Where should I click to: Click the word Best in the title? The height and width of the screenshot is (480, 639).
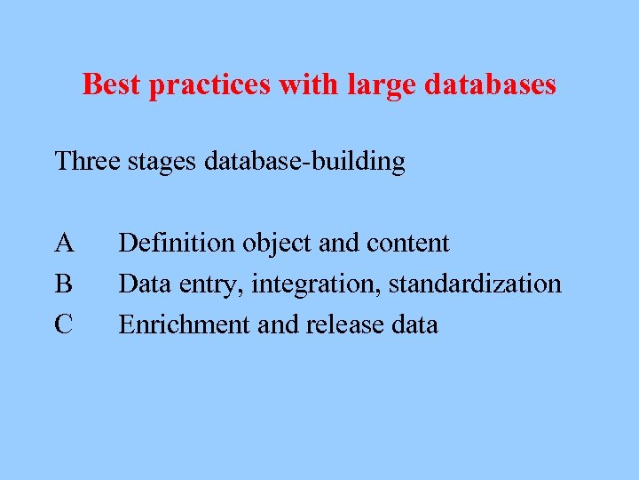coord(113,84)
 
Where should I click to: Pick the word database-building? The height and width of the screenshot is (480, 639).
coord(304,161)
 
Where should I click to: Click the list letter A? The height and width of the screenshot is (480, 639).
coord(64,243)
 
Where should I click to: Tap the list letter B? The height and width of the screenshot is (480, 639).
coord(63,284)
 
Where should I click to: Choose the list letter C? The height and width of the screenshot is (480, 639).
coord(63,324)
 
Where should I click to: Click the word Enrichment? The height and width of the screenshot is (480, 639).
coord(185,324)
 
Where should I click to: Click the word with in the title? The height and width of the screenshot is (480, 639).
coord(299,84)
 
